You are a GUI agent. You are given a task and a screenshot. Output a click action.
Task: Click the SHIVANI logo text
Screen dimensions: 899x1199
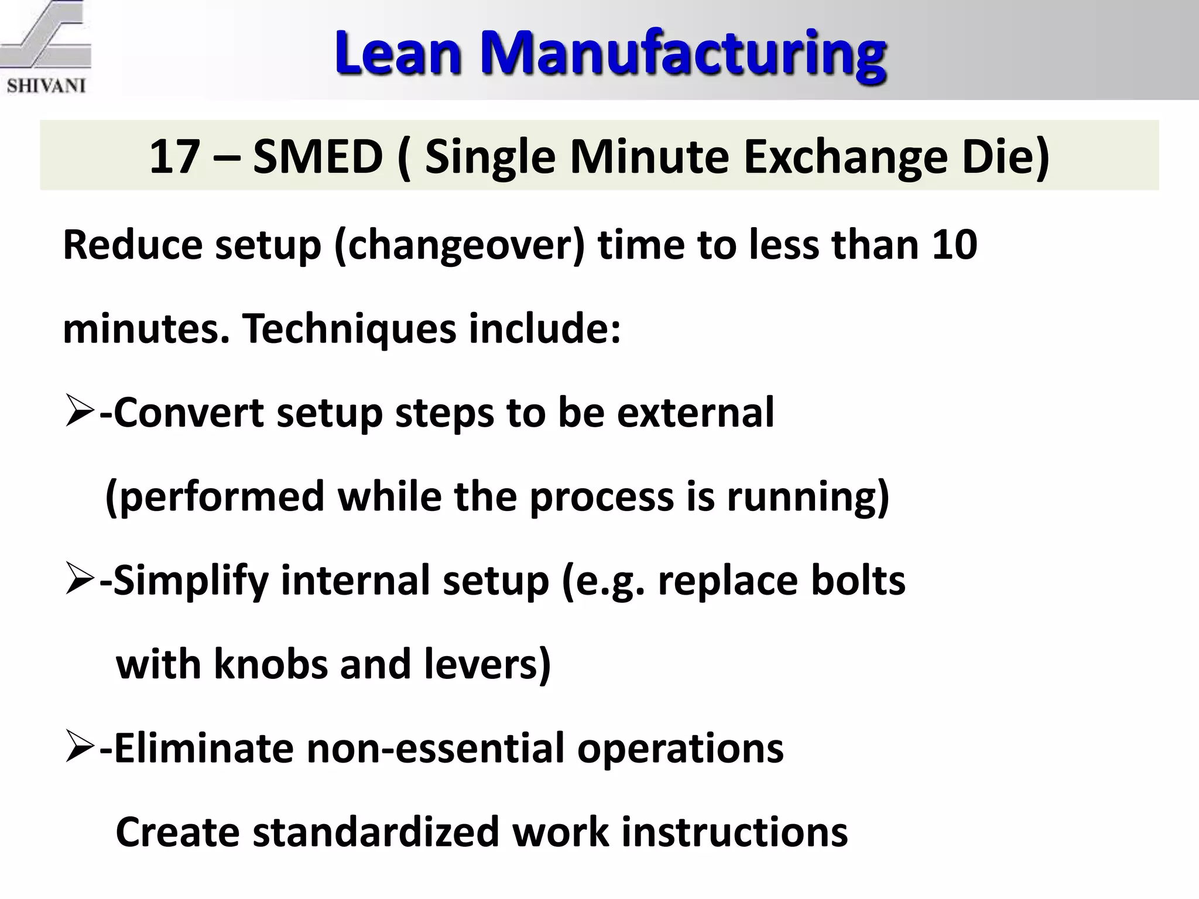46,85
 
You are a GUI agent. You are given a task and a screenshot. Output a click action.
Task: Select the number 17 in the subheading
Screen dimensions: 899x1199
174,156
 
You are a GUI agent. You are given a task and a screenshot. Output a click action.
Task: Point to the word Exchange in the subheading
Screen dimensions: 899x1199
845,156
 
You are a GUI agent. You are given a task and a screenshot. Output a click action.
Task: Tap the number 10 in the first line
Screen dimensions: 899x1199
954,245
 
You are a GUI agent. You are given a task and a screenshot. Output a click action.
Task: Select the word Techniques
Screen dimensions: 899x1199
348,328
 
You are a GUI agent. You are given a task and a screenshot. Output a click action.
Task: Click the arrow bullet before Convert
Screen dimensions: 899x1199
80,413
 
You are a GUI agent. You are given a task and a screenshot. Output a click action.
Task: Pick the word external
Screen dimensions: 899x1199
696,413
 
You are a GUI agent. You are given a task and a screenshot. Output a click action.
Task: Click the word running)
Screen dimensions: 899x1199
808,496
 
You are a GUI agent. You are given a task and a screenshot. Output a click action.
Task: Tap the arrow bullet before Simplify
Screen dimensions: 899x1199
80,581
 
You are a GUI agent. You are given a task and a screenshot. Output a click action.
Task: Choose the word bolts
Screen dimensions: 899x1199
858,581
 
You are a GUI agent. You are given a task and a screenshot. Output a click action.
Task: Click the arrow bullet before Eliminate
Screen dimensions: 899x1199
80,749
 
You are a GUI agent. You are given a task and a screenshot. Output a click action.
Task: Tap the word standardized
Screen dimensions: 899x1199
375,832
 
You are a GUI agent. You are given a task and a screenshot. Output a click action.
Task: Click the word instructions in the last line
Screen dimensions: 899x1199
734,832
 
